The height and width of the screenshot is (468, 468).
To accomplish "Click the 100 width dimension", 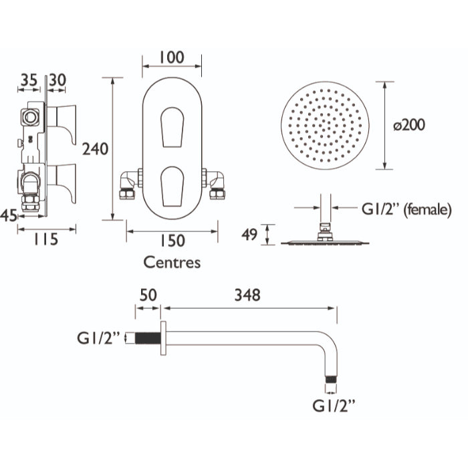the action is [x=172, y=57].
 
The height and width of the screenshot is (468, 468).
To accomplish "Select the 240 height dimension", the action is [x=95, y=149].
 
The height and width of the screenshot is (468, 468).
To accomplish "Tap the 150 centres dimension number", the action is [x=172, y=241].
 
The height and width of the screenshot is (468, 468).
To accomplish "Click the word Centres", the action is [x=172, y=263].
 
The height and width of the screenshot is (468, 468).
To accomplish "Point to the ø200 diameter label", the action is [x=409, y=125].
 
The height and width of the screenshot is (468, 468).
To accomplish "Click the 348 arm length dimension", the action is [x=247, y=296].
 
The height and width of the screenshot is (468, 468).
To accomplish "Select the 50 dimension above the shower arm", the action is [x=148, y=296].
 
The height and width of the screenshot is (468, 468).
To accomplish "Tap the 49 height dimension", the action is [x=249, y=235].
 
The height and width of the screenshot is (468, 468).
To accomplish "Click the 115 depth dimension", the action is [x=45, y=239].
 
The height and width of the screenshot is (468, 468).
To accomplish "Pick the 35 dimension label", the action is [x=29, y=80].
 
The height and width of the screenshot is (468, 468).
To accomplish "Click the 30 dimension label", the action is [x=57, y=80].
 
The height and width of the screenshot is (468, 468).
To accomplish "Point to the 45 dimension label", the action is [x=9, y=215].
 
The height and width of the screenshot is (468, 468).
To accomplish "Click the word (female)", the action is [x=427, y=210].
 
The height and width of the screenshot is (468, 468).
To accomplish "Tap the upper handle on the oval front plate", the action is [x=172, y=127].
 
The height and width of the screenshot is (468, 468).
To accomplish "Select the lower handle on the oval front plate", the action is [x=172, y=187].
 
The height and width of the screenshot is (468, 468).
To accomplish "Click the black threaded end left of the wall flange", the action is [x=148, y=338].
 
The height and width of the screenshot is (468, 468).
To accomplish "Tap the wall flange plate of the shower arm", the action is [x=163, y=338].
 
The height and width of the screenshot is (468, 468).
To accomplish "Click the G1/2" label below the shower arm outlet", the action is [x=334, y=406].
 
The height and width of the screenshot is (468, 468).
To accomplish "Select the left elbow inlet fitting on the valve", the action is [x=129, y=185].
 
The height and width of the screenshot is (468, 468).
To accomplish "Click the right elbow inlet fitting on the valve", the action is [x=215, y=185].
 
